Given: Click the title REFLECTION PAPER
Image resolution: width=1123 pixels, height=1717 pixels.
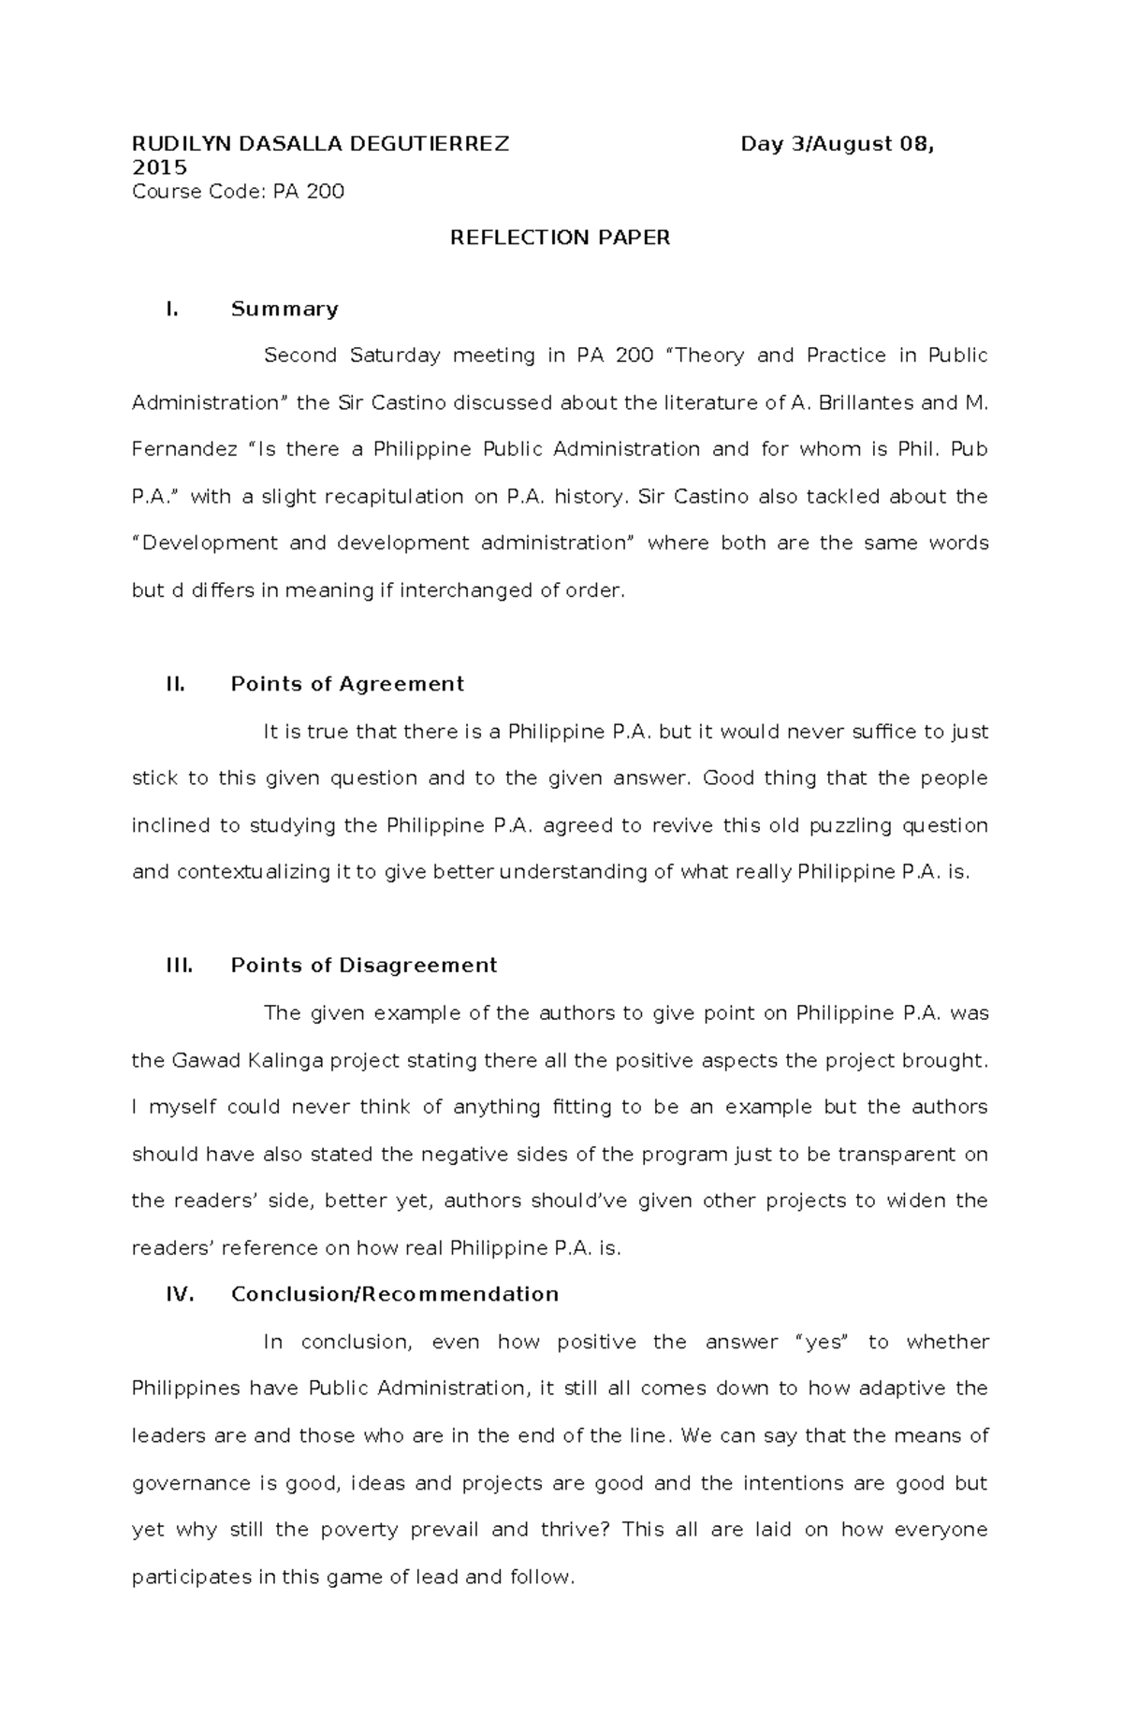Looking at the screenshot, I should (560, 238).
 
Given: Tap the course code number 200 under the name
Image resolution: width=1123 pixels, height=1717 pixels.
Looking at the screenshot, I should (327, 192).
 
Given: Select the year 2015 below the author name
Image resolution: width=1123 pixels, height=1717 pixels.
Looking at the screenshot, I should (159, 167).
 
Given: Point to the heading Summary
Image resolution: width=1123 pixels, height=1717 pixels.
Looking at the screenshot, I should (284, 309).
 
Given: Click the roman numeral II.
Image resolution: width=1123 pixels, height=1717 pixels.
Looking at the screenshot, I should (175, 684).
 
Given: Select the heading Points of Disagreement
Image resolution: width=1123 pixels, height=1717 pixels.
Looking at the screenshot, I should (363, 966).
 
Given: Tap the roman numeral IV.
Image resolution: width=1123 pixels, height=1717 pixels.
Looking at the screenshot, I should (179, 1294).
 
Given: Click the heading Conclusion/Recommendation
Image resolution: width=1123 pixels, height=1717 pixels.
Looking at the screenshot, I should (394, 1294).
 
